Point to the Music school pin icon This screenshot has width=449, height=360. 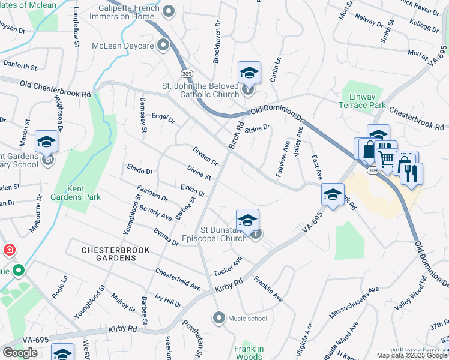point(219,317)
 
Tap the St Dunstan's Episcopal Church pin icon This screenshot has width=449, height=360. point(256,234)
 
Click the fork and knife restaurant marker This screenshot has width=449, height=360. point(411,173)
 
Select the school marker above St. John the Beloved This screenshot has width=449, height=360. point(249,73)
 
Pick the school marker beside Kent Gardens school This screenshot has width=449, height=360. point(46,142)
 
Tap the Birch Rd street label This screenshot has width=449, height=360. point(235,135)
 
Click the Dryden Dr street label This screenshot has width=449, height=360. point(205,155)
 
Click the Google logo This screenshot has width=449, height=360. point(20,353)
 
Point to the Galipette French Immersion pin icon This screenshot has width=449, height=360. point(169,11)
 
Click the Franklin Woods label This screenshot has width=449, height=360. point(249,353)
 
